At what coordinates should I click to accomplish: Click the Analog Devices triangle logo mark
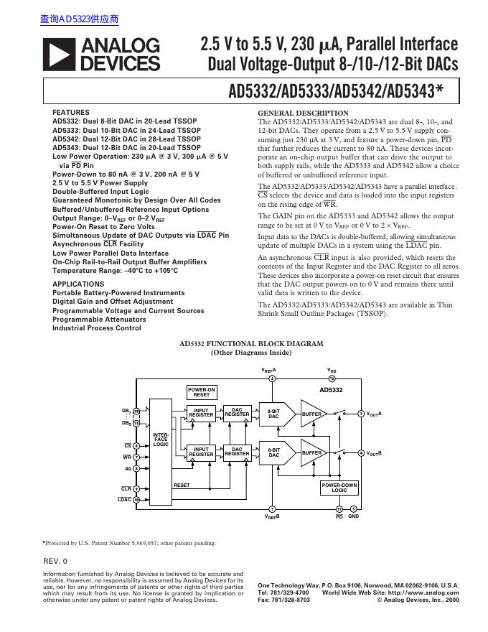(x=60, y=55)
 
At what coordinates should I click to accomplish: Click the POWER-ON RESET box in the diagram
(x=202, y=392)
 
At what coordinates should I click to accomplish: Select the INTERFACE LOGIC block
(x=161, y=439)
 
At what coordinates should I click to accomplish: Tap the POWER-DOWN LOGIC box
(x=339, y=488)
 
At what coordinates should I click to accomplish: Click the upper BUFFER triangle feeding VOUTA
(x=314, y=414)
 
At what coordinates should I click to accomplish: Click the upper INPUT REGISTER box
(x=201, y=414)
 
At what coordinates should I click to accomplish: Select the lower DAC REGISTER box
(x=237, y=452)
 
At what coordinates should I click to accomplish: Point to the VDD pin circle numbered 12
(x=332, y=378)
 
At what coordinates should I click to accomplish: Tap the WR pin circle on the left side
(x=136, y=457)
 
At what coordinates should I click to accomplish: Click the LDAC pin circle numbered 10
(x=136, y=499)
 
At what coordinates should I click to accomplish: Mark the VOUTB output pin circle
(x=361, y=452)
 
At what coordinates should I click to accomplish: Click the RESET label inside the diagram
(x=182, y=485)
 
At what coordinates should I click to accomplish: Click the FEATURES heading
(x=71, y=113)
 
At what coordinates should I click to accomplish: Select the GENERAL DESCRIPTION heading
(x=302, y=113)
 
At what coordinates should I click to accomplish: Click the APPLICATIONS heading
(x=78, y=284)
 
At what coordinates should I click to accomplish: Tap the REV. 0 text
(x=55, y=560)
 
